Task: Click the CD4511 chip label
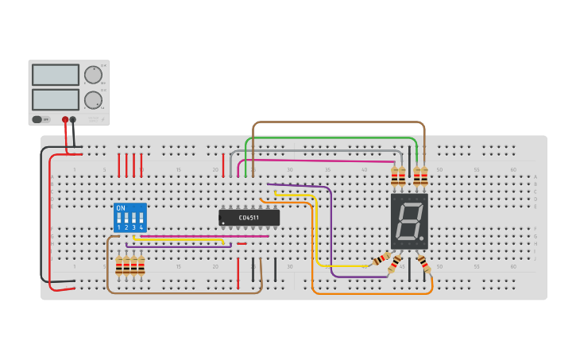tap(249, 217)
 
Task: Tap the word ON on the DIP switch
tap(121, 208)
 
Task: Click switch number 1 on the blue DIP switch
tap(119, 218)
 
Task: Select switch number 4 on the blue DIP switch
tap(141, 218)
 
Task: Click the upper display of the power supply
tap(56, 75)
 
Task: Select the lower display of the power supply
tap(56, 99)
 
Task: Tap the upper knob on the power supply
tap(93, 75)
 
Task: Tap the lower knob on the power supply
tap(93, 100)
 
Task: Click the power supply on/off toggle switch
tap(37, 119)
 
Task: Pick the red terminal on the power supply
tap(65, 119)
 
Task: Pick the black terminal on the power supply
tap(73, 119)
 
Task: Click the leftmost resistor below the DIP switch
tap(119, 265)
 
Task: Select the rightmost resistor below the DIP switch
tap(141, 265)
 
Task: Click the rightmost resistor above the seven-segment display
tap(424, 176)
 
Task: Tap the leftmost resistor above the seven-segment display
tap(394, 176)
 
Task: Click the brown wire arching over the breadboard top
tap(338, 122)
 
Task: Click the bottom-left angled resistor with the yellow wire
tap(382, 259)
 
